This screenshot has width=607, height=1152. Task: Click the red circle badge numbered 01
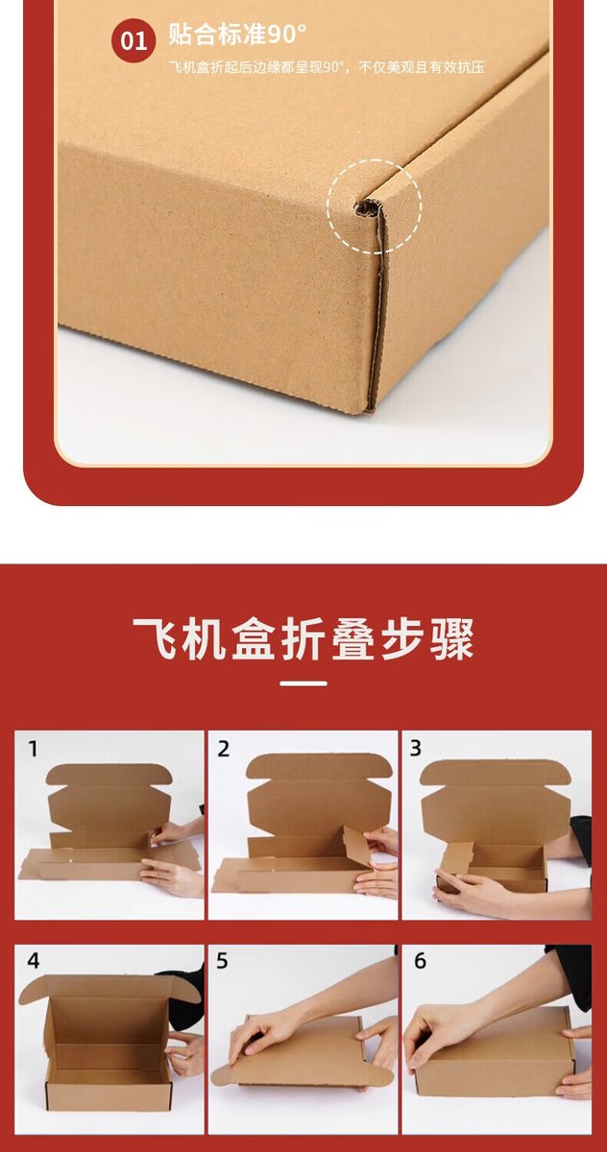pyautogui.click(x=134, y=40)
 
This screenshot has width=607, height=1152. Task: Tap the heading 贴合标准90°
pyautogui.click(x=237, y=35)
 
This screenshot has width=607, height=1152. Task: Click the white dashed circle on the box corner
pyautogui.click(x=375, y=205)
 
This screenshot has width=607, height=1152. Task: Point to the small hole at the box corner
pyautogui.click(x=366, y=209)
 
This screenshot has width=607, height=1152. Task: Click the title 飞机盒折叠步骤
pyautogui.click(x=303, y=639)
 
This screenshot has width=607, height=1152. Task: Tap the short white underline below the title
pyautogui.click(x=303, y=684)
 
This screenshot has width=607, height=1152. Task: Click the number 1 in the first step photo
pyautogui.click(x=33, y=749)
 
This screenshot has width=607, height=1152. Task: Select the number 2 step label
pyautogui.click(x=223, y=749)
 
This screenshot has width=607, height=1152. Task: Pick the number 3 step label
pyautogui.click(x=416, y=749)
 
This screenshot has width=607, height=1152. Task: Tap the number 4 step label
pyautogui.click(x=34, y=961)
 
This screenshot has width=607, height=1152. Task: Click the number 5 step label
pyautogui.click(x=222, y=961)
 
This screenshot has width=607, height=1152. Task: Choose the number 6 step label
pyautogui.click(x=421, y=961)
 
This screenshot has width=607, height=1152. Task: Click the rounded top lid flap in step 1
pyautogui.click(x=109, y=774)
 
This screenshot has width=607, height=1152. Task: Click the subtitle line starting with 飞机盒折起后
pyautogui.click(x=327, y=67)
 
